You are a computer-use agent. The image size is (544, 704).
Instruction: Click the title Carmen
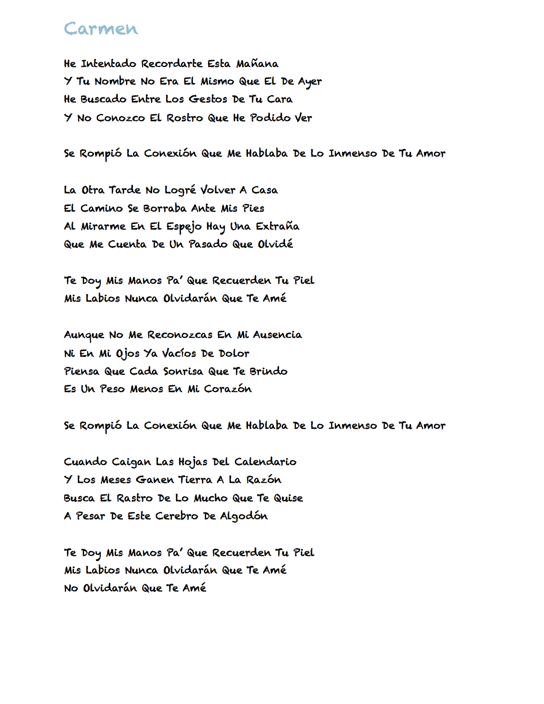(101, 29)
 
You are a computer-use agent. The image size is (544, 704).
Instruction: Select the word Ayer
(310, 82)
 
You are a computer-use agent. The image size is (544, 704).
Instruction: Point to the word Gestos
(208, 99)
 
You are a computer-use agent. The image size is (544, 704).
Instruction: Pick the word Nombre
(115, 81)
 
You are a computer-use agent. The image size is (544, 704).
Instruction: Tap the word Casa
(265, 190)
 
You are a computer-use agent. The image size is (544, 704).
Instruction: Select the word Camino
(102, 208)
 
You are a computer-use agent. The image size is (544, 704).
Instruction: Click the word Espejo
(183, 227)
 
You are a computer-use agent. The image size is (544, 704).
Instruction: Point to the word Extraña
(277, 226)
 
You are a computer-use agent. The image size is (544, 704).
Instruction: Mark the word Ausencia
(277, 335)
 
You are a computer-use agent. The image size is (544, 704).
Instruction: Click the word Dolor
(234, 353)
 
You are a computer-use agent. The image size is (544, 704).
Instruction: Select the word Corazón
(228, 389)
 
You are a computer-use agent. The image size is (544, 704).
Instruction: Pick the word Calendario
(265, 462)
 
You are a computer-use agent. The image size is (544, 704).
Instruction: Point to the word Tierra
(195, 480)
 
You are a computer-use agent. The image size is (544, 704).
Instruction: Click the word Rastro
(134, 498)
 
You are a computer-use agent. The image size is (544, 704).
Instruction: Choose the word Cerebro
(177, 516)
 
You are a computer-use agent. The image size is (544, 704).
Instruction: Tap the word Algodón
(244, 517)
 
